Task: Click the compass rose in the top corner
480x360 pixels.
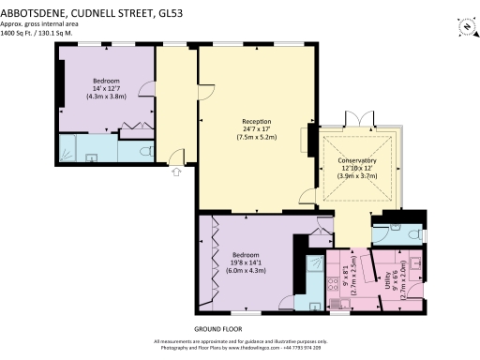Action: (465, 26)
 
